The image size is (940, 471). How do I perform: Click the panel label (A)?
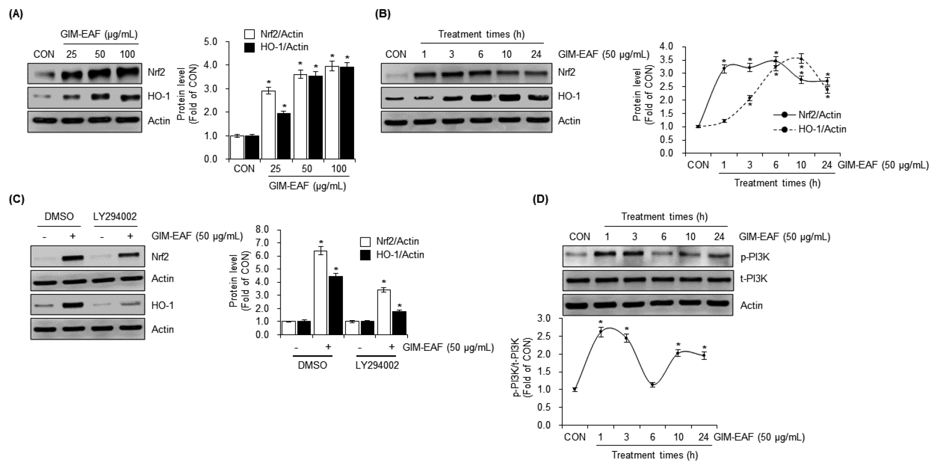(x=16, y=14)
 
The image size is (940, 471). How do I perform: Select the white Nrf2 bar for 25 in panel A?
(x=268, y=124)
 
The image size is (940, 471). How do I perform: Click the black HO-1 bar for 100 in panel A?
(x=347, y=113)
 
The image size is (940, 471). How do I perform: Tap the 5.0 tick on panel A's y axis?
(x=210, y=42)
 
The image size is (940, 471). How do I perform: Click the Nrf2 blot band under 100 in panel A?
(x=127, y=73)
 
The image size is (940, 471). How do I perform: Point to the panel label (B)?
(x=383, y=14)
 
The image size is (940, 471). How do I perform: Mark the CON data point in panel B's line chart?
(x=698, y=126)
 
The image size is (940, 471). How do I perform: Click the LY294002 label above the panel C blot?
(x=115, y=216)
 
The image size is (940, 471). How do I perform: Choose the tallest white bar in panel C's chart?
(x=320, y=292)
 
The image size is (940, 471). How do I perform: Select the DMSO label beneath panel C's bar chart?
(x=313, y=365)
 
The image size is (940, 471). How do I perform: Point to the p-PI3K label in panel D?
(x=754, y=258)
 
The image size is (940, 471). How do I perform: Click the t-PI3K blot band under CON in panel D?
(x=580, y=279)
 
